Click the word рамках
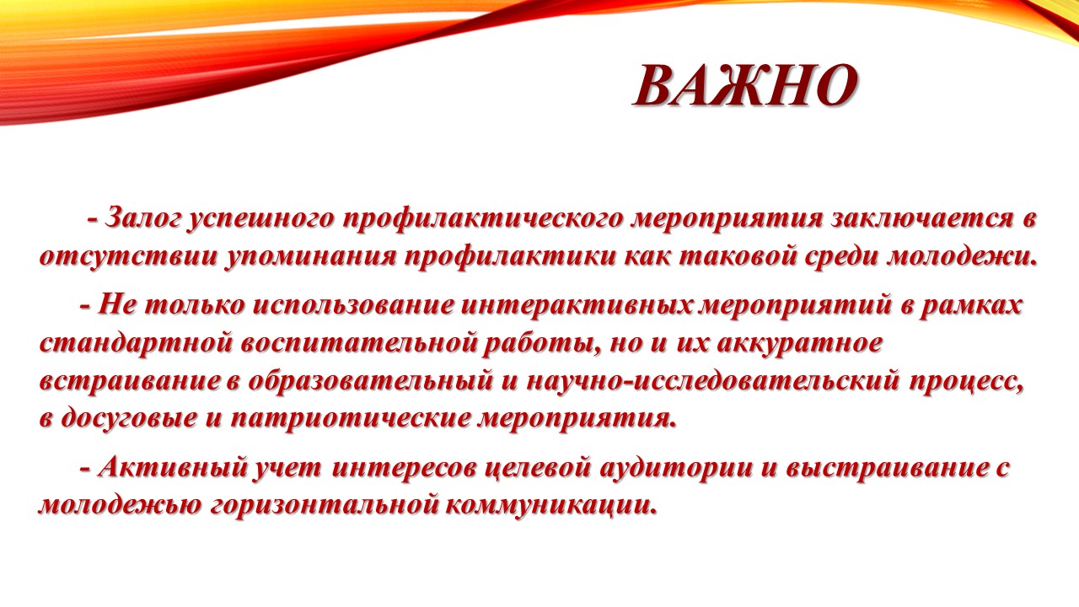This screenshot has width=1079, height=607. pyautogui.click(x=969, y=306)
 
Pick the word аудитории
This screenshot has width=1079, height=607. pyautogui.click(x=675, y=468)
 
